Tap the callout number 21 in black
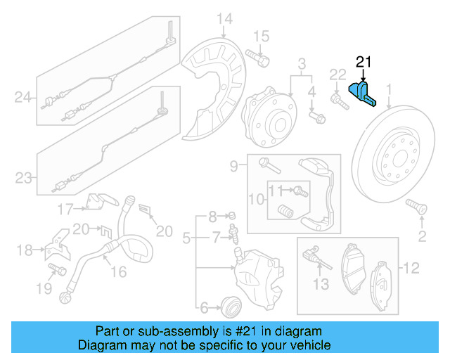point(363,62)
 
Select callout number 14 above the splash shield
point(224,18)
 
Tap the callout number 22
point(338,75)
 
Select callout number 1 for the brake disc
point(387,89)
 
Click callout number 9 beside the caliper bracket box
point(233,167)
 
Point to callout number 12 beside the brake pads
point(411,267)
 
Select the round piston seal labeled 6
point(230,306)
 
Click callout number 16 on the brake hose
point(119,271)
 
